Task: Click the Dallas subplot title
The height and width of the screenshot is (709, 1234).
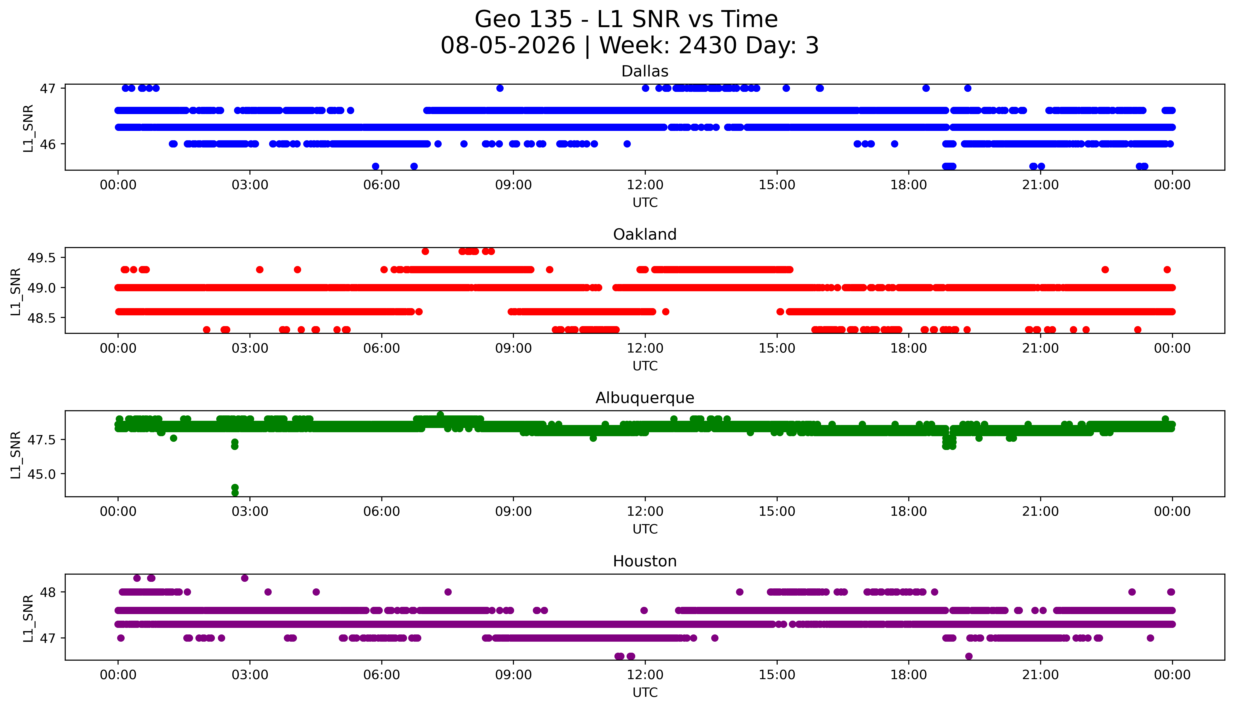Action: click(645, 72)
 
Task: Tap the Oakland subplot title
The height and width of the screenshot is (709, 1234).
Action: click(645, 235)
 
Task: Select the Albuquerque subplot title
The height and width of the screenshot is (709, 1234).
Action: click(645, 398)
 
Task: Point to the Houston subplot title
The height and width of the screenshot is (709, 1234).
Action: click(645, 561)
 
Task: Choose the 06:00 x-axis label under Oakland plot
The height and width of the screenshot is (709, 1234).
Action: click(382, 348)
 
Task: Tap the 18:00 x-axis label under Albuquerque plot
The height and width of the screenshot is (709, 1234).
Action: click(909, 512)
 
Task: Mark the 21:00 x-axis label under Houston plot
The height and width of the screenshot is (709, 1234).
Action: click(1041, 675)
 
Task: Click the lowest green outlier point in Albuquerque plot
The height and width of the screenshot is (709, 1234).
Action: click(235, 493)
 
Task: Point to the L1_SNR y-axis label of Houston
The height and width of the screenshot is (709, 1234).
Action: click(28, 618)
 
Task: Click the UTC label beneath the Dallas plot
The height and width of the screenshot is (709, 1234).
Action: click(645, 203)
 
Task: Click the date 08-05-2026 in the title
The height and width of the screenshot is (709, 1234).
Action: click(508, 46)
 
